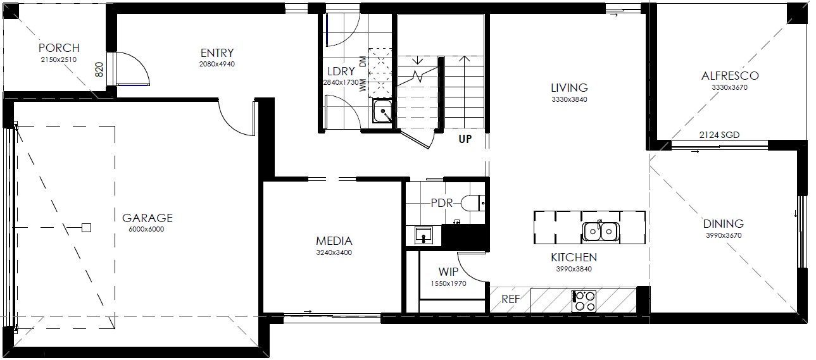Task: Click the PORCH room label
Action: coord(59,47)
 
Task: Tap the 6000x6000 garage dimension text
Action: coord(146,229)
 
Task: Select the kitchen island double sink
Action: coord(600,231)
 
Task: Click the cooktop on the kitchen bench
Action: coord(584,301)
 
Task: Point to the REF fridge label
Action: coord(510,299)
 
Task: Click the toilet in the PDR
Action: coord(473,203)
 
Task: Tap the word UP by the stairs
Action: coord(465,139)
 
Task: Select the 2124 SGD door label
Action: coord(719,135)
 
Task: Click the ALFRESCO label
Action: coord(730,76)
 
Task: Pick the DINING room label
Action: coord(723,223)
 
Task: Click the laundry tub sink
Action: coord(382,111)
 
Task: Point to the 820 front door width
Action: coord(99,69)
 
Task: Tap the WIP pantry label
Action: coord(448,272)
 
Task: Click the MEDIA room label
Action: coord(334,241)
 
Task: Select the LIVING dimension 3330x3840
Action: coord(569,99)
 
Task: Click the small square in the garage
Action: coord(86,228)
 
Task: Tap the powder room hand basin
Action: coord(424,235)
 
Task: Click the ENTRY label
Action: coord(217,53)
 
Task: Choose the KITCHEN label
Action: coord(574,258)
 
